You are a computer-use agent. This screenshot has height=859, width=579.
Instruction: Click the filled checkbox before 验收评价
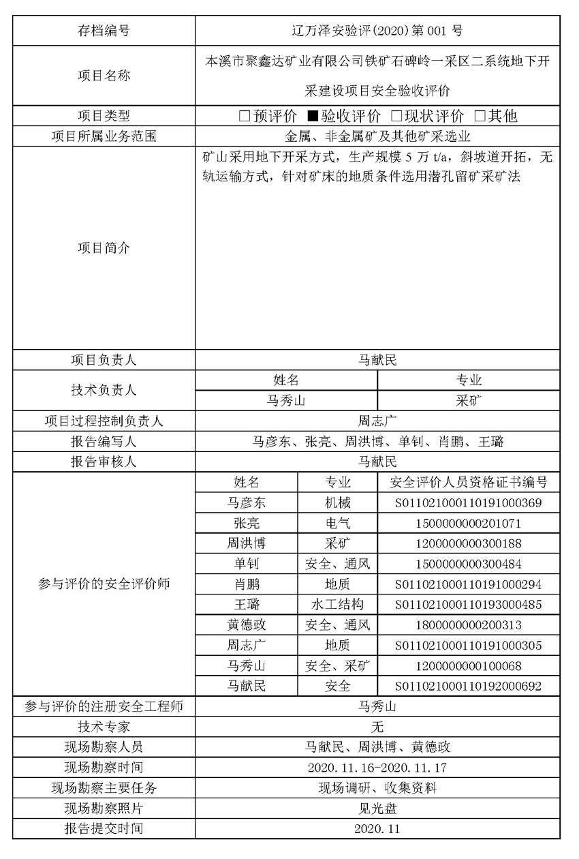(313, 117)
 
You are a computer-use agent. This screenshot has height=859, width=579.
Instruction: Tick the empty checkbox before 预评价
(245, 117)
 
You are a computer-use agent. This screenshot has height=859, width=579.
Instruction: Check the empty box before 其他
(480, 117)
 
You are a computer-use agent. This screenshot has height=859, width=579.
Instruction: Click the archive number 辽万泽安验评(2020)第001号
(377, 30)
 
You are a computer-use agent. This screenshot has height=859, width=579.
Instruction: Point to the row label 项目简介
(104, 248)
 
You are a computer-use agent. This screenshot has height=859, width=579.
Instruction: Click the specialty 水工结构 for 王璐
(338, 605)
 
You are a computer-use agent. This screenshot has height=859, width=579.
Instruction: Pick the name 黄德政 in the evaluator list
(247, 625)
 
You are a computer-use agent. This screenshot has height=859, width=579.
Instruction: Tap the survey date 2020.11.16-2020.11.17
(377, 768)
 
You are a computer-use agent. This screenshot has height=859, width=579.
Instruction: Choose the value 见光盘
(377, 809)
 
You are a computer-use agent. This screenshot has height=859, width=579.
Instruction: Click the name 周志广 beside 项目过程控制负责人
(377, 421)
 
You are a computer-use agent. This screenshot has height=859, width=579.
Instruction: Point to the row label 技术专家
(104, 727)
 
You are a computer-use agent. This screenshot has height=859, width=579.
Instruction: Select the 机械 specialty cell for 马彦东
(338, 503)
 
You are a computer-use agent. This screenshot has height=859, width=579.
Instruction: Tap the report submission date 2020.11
(377, 829)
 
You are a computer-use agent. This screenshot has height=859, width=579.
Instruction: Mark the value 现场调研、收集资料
(377, 788)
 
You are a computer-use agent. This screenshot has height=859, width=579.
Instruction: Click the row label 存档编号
(104, 30)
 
